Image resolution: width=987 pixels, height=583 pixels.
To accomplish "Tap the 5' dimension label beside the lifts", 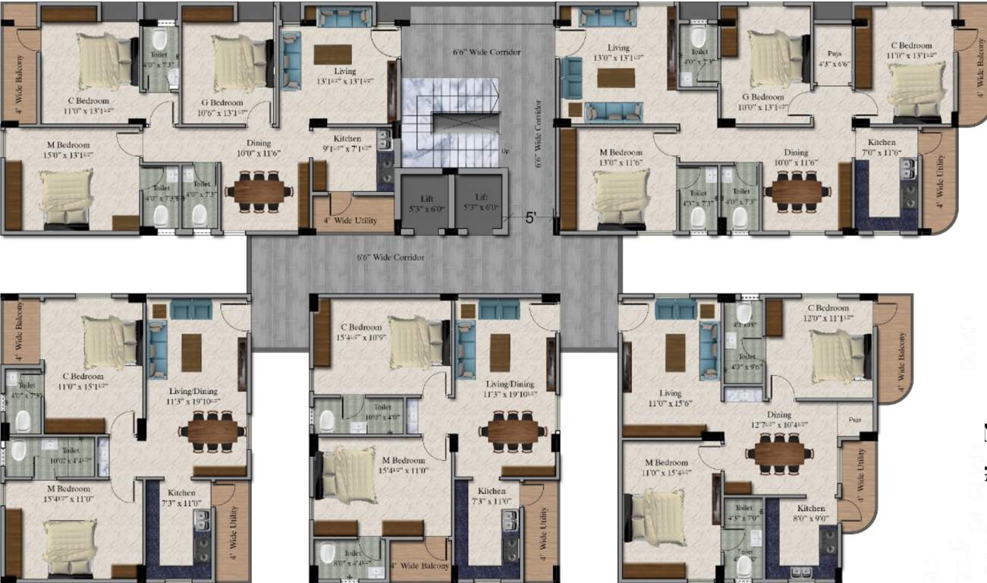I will (531, 217).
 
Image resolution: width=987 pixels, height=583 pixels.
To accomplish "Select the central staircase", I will (451, 121).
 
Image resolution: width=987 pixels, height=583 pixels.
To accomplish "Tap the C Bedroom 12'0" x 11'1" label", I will (828, 314).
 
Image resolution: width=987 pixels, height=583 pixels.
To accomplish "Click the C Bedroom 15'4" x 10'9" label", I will (361, 332).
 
